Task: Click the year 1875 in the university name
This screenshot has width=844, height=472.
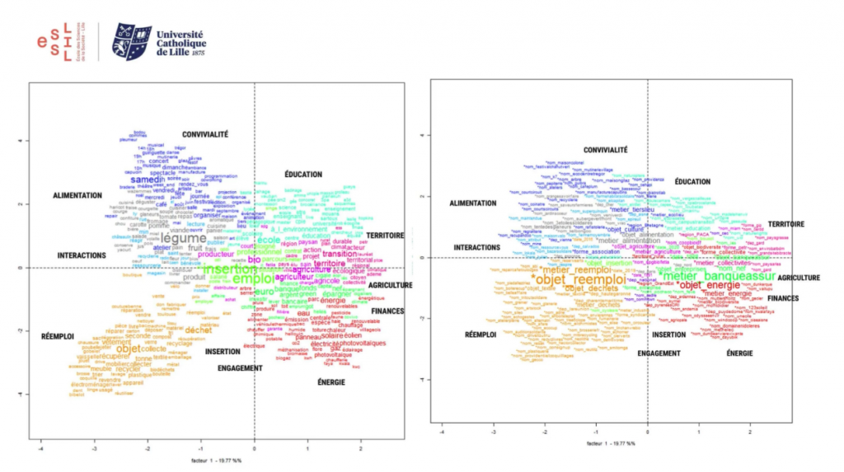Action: point(197,53)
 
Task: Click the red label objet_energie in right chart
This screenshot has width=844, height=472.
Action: point(702,285)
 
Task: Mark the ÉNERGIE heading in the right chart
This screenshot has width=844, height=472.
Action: point(739,353)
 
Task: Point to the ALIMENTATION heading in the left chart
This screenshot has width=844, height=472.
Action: point(77,196)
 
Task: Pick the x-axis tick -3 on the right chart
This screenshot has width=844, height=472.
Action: point(493,431)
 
